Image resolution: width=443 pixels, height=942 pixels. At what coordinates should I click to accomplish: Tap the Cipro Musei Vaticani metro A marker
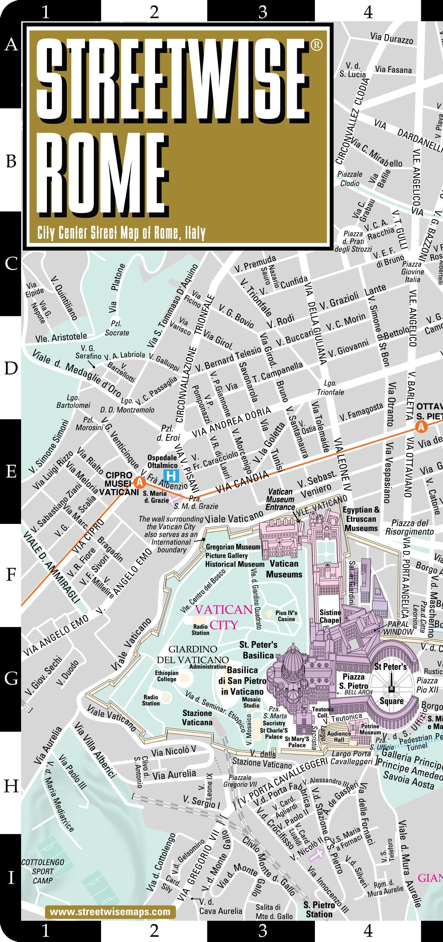(140, 482)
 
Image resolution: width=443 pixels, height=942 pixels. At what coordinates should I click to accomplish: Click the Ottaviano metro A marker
(421, 427)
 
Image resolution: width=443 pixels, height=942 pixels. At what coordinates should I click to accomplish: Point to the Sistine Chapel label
(330, 616)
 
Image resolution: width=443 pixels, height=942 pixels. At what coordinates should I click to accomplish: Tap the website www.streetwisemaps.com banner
(110, 912)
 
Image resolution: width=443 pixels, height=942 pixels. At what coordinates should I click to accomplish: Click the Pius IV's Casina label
(286, 615)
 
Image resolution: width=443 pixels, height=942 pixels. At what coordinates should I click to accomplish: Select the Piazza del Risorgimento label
(409, 527)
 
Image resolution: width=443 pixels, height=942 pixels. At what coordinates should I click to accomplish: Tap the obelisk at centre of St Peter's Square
(392, 687)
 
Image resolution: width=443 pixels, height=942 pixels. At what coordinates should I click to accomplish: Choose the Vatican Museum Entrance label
(280, 499)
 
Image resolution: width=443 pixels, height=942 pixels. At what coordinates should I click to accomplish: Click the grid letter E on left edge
(11, 472)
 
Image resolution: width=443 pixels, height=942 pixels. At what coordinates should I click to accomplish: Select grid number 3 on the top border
(262, 12)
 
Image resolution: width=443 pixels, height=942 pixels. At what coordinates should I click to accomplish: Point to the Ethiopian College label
(166, 676)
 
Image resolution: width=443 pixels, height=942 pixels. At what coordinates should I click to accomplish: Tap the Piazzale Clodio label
(350, 179)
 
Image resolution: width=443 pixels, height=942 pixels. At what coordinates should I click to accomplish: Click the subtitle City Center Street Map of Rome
(121, 233)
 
